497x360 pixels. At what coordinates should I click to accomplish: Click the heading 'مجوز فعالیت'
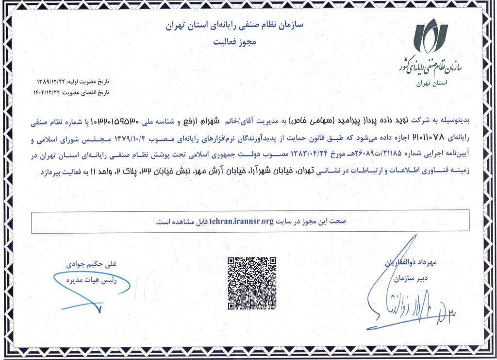[234, 42]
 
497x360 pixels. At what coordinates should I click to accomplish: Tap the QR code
[252, 283]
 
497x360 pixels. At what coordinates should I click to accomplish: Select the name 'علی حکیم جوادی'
[92, 264]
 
